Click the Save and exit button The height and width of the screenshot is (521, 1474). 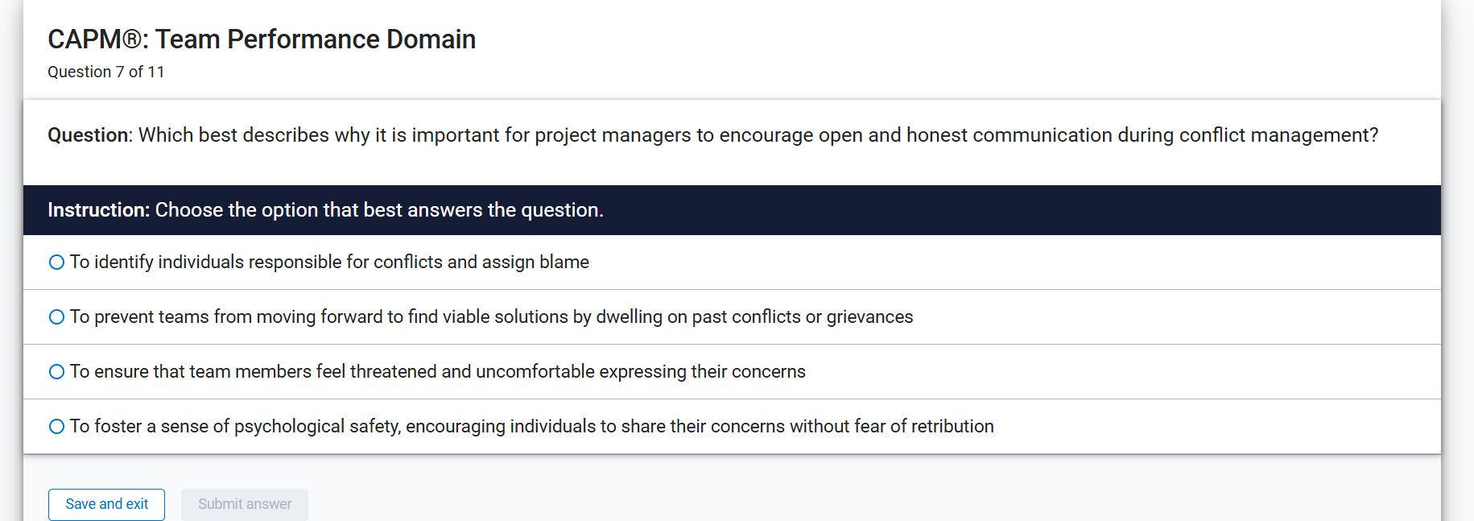point(106,504)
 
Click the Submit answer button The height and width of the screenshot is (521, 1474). point(245,504)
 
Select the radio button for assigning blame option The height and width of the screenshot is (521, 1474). point(56,263)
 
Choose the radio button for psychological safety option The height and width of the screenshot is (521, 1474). point(56,427)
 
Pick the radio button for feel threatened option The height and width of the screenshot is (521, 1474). point(56,372)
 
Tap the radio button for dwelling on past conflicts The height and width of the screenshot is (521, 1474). point(56,317)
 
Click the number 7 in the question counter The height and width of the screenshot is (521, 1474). point(119,72)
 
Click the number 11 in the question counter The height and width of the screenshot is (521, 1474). point(155,72)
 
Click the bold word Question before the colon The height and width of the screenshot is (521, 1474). point(87,135)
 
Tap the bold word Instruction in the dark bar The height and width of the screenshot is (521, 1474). point(97,210)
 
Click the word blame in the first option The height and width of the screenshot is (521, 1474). point(564,263)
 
